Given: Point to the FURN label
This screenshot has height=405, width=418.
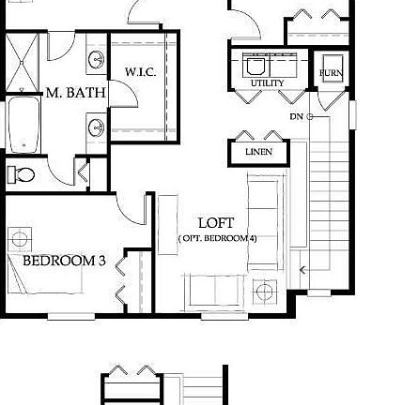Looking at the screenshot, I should (x=331, y=70).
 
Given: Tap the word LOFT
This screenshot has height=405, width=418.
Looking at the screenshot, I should (x=217, y=222).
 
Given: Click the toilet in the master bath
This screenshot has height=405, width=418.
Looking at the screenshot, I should (x=22, y=174).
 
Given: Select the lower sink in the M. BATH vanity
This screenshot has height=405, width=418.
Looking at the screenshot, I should (x=95, y=125).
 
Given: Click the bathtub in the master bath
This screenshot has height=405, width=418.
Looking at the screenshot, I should (x=23, y=122).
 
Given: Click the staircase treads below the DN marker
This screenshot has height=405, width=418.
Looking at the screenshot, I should (x=328, y=187).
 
